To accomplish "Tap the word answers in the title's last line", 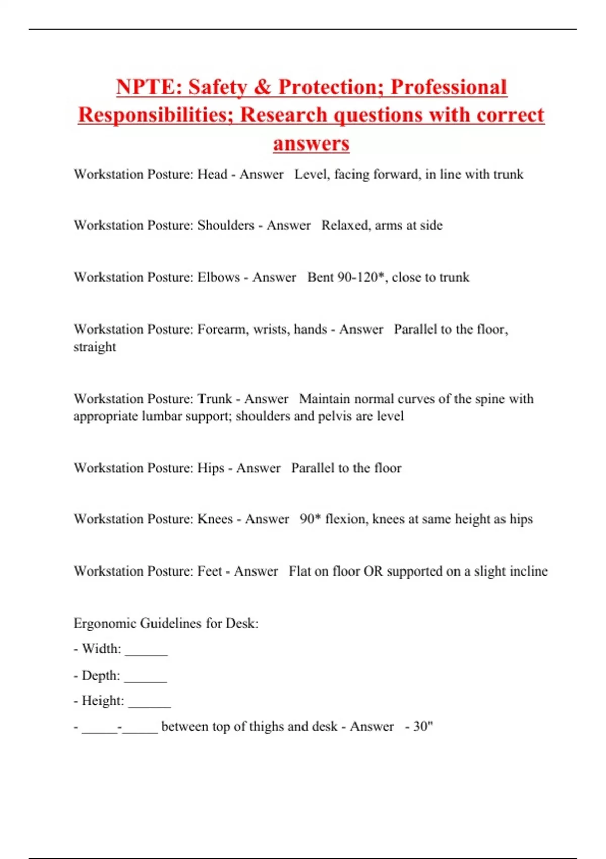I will (311, 144).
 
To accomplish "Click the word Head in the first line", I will (212, 174).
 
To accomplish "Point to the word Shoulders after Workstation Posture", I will (226, 225).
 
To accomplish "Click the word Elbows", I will (219, 277).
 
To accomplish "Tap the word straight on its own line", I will (94, 347).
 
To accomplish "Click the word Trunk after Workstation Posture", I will (215, 399).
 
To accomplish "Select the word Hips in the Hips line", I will (211, 468).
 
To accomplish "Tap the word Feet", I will (210, 571).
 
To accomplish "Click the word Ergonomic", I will (105, 623).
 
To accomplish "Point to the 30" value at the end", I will (423, 727).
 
